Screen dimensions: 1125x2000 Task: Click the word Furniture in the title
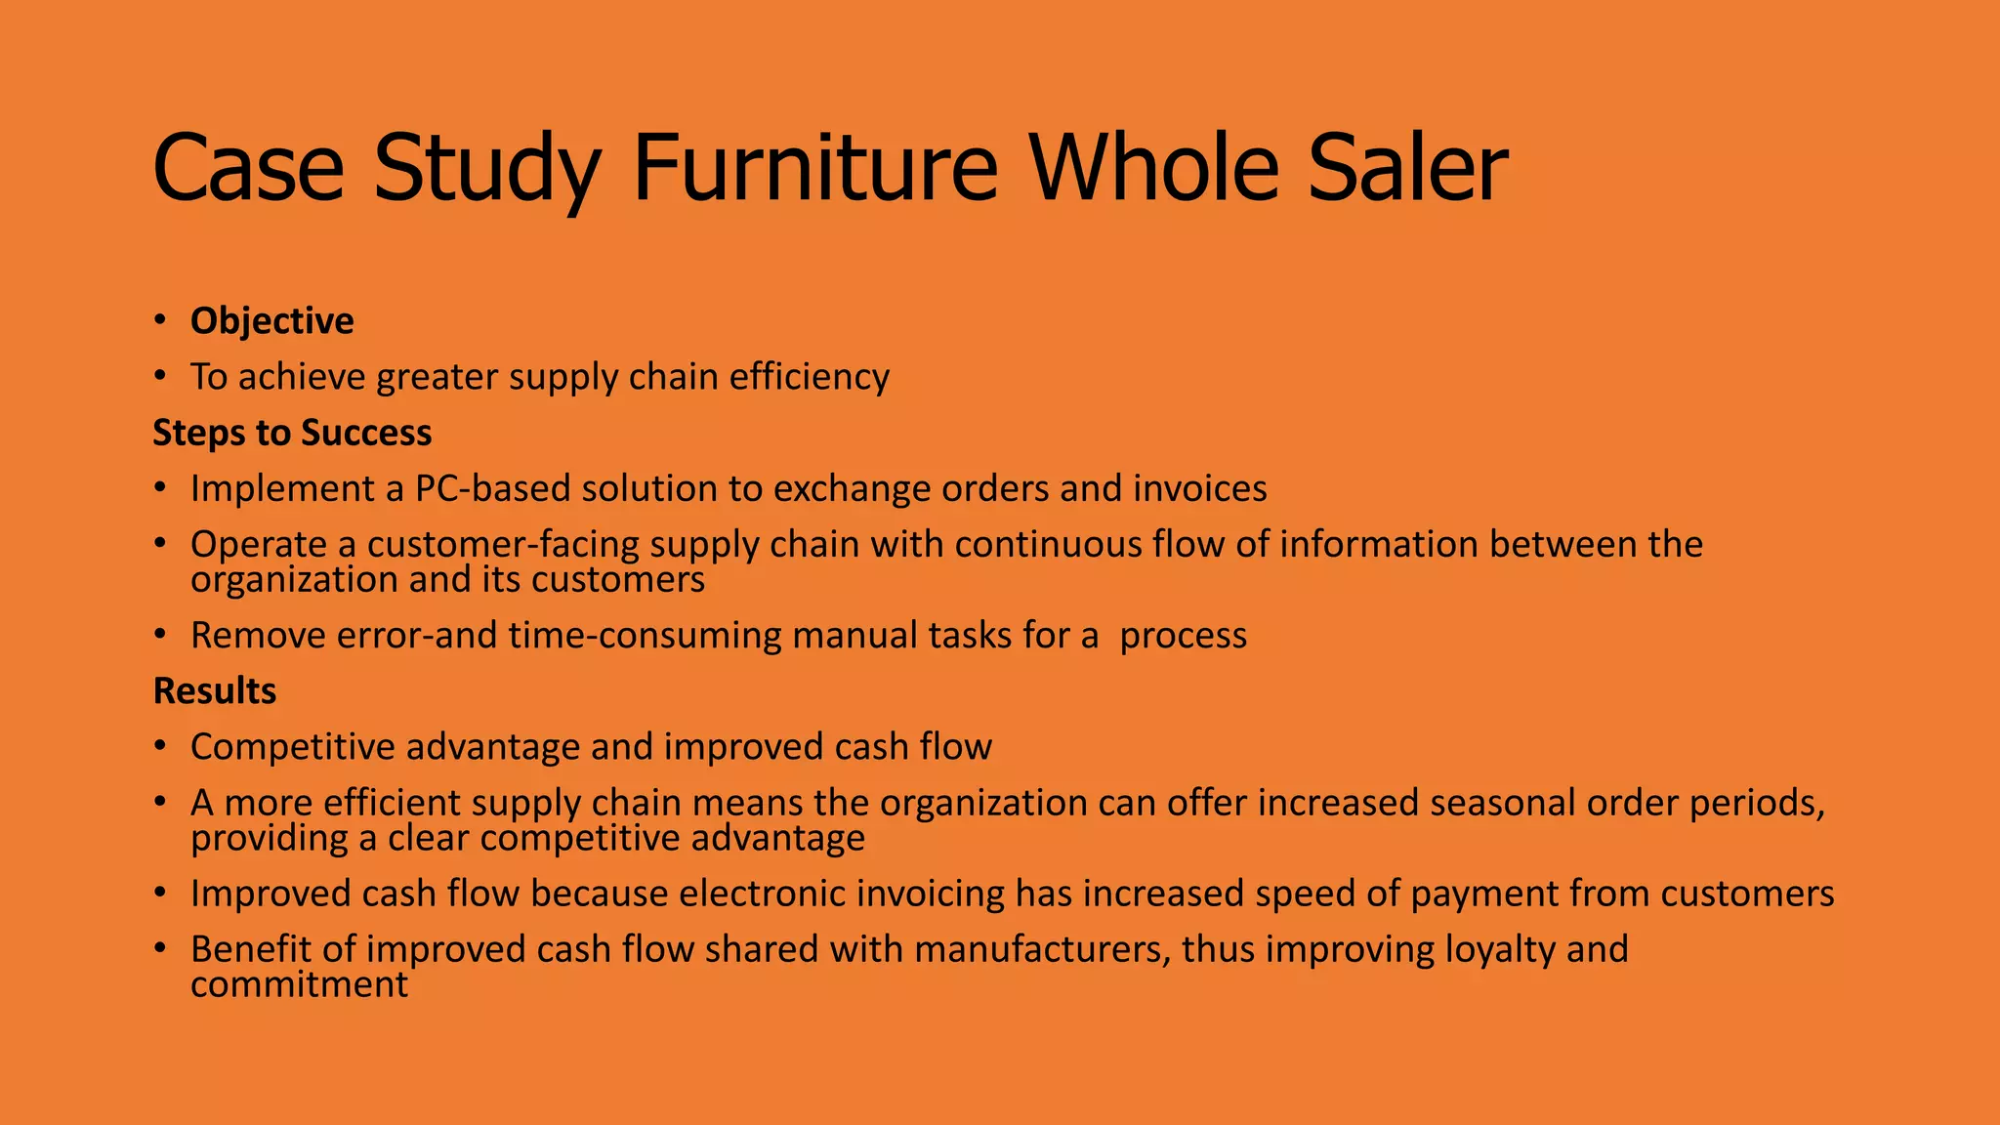pyautogui.click(x=814, y=168)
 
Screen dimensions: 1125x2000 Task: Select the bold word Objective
pyautogui.click(x=271, y=321)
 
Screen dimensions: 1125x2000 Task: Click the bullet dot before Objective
pyautogui.click(x=159, y=321)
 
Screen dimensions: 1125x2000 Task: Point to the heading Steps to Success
pyautogui.click(x=292, y=433)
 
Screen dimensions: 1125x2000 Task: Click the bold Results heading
pyautogui.click(x=215, y=690)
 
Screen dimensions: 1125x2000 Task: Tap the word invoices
pyautogui.click(x=1199, y=488)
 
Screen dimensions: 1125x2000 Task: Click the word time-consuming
pyautogui.click(x=645, y=636)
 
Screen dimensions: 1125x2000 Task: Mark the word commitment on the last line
pyautogui.click(x=299, y=984)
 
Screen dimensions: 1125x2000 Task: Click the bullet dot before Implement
pyautogui.click(x=159, y=488)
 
